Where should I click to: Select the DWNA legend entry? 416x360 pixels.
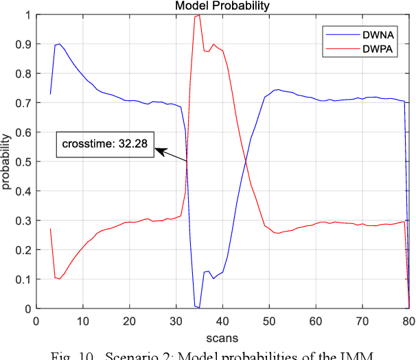click(x=368, y=34)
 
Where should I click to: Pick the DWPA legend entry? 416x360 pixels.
click(x=368, y=48)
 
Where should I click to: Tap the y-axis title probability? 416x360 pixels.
click(x=7, y=162)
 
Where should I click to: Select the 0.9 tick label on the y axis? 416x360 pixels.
click(x=24, y=44)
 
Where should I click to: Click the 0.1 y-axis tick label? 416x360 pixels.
click(x=24, y=280)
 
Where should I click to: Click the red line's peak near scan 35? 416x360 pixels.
click(x=199, y=15)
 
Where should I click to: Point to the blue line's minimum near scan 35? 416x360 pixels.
click(x=199, y=307)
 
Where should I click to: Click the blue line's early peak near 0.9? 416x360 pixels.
click(x=60, y=44)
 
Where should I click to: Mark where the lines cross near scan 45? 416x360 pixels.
click(x=245, y=161)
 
